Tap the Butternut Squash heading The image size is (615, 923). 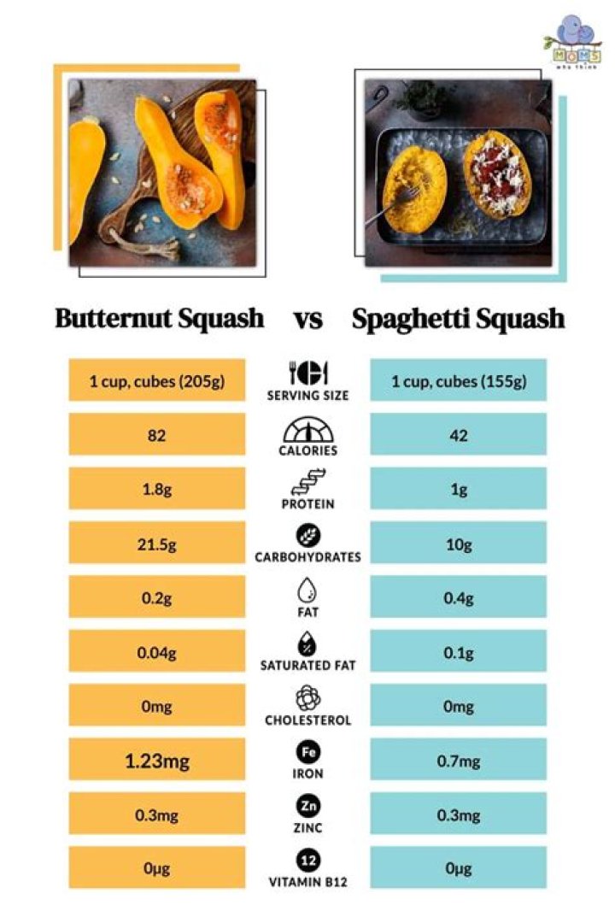point(160,319)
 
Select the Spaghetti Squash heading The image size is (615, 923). point(458,319)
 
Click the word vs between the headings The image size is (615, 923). point(307,320)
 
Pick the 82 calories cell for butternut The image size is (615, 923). point(157,434)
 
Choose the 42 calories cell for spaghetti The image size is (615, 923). point(458,434)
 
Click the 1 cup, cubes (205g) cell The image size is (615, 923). point(157,380)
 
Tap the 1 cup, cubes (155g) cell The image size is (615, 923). point(458,380)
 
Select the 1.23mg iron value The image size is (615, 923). point(157,759)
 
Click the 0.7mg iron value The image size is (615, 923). point(458,759)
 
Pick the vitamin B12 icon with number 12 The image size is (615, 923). point(307,860)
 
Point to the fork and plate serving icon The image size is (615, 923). point(307,373)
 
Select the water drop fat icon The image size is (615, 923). point(307,590)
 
